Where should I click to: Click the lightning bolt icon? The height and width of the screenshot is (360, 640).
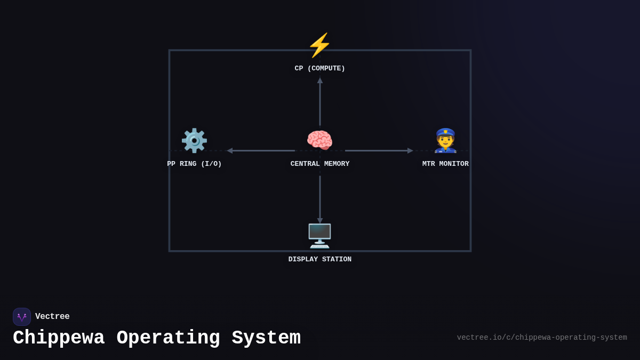(319, 45)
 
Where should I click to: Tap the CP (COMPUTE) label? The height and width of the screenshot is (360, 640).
(319, 68)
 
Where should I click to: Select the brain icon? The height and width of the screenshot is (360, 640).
(319, 140)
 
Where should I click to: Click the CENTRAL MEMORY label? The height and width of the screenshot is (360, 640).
(319, 164)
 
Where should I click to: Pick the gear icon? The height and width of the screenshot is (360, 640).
(194, 140)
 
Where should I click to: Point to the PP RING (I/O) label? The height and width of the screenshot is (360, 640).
(194, 164)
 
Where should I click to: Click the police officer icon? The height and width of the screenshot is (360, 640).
(445, 140)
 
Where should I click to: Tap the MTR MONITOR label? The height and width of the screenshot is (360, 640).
(445, 164)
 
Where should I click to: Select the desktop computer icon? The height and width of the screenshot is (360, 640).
(319, 236)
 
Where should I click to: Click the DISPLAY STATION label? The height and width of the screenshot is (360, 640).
(319, 259)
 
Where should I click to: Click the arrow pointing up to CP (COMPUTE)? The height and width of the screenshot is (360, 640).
(320, 101)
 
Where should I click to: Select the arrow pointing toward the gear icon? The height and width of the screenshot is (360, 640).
(261, 150)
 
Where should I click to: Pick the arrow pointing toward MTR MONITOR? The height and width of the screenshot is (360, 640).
(379, 150)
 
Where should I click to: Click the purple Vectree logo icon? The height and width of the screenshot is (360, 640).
(22, 317)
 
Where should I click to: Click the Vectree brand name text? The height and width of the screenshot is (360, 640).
(52, 317)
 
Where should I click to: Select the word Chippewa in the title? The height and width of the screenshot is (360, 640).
(59, 338)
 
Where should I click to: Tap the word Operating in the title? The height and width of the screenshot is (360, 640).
(168, 338)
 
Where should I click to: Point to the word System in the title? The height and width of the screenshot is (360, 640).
(266, 338)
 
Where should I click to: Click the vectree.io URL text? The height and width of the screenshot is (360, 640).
(542, 338)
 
